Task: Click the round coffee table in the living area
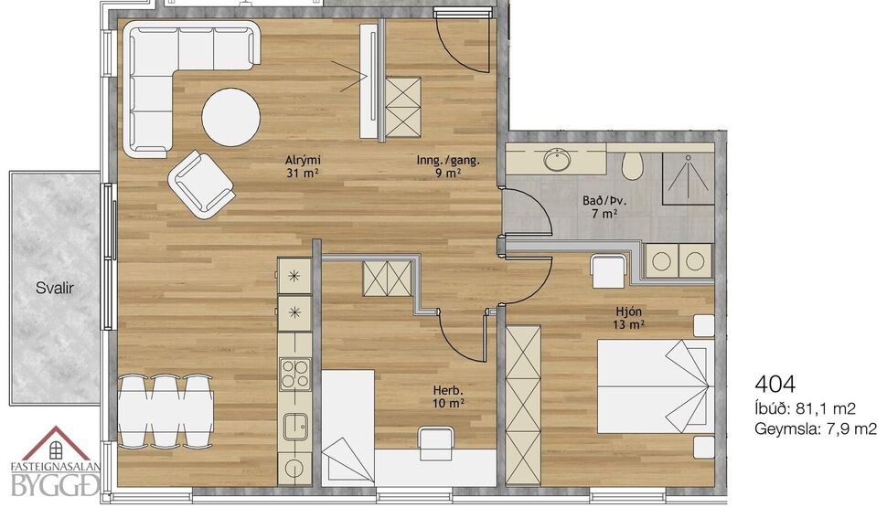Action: [x=230, y=116]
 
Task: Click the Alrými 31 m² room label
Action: [x=303, y=166]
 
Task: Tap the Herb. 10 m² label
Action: [x=449, y=396]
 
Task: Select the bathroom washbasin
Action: [x=557, y=161]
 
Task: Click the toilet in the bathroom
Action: [x=632, y=165]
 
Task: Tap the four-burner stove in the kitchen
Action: [x=294, y=375]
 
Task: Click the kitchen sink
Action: [x=294, y=427]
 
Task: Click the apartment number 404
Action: [x=775, y=384]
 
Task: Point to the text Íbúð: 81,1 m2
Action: [x=805, y=408]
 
